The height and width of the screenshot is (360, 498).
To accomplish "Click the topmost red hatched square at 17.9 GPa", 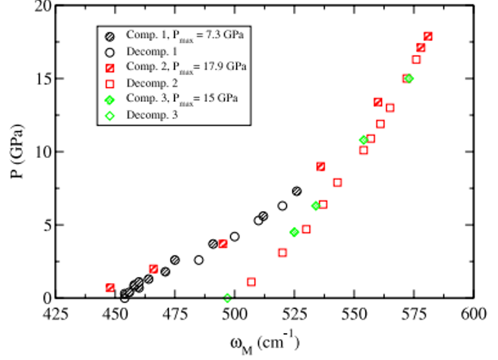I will click(428, 36).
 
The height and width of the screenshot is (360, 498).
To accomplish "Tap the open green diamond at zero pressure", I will click(228, 298).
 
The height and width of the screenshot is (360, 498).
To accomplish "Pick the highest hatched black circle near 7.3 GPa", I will click(297, 191).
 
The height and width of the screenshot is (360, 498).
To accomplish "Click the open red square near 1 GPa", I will click(251, 282).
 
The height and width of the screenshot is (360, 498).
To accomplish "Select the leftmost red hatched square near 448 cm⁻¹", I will click(110, 288).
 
